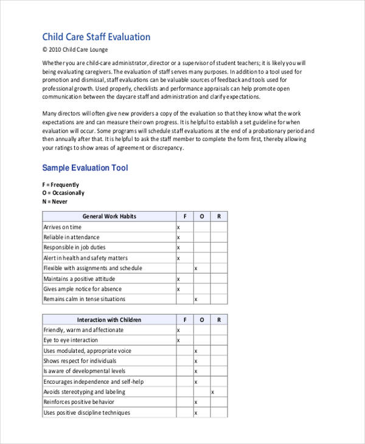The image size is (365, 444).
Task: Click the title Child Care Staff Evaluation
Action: (x=96, y=37)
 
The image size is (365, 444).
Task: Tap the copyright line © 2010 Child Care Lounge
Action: (x=75, y=50)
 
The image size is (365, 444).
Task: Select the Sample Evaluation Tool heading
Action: (x=85, y=168)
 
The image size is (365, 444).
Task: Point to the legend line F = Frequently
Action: (x=61, y=185)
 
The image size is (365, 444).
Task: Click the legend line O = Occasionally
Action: (x=63, y=193)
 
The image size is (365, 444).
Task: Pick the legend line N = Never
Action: (x=55, y=202)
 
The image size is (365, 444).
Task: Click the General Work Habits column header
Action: (x=109, y=217)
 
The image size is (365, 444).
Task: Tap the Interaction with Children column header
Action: (x=109, y=320)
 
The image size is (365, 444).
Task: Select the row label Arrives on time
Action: (x=62, y=227)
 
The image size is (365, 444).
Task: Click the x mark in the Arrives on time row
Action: (x=178, y=227)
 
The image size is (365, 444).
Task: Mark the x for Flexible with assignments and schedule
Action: (x=195, y=268)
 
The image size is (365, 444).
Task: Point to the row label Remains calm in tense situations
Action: (x=85, y=299)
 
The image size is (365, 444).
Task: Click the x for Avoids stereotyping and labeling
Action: (x=212, y=392)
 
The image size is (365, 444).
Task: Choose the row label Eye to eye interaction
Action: (x=71, y=341)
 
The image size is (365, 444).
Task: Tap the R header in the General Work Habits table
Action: (x=219, y=217)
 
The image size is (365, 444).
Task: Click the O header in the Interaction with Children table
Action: (x=202, y=320)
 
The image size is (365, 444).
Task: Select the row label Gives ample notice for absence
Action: (x=83, y=289)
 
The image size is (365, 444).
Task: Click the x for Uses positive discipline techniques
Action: (x=195, y=413)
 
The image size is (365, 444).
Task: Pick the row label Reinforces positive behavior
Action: (x=79, y=403)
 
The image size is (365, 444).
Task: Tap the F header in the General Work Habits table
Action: (x=185, y=217)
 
